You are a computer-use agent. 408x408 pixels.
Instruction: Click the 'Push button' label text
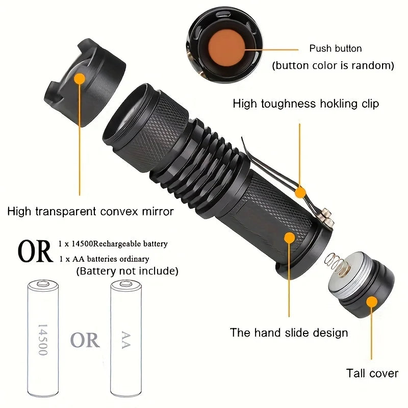335,48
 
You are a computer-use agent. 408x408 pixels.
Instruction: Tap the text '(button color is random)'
333,66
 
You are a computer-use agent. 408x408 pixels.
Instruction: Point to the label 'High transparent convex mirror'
91,211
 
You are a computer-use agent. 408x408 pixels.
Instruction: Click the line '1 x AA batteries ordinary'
104,259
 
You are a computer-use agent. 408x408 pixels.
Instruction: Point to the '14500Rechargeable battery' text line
113,244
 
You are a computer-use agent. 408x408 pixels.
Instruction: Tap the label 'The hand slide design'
289,333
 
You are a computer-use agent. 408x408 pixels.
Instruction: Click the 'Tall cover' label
372,373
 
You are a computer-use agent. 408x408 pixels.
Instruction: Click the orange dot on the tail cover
372,302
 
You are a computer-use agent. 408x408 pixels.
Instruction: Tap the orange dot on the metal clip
300,192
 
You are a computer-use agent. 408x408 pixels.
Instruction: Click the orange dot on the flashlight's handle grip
290,238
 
